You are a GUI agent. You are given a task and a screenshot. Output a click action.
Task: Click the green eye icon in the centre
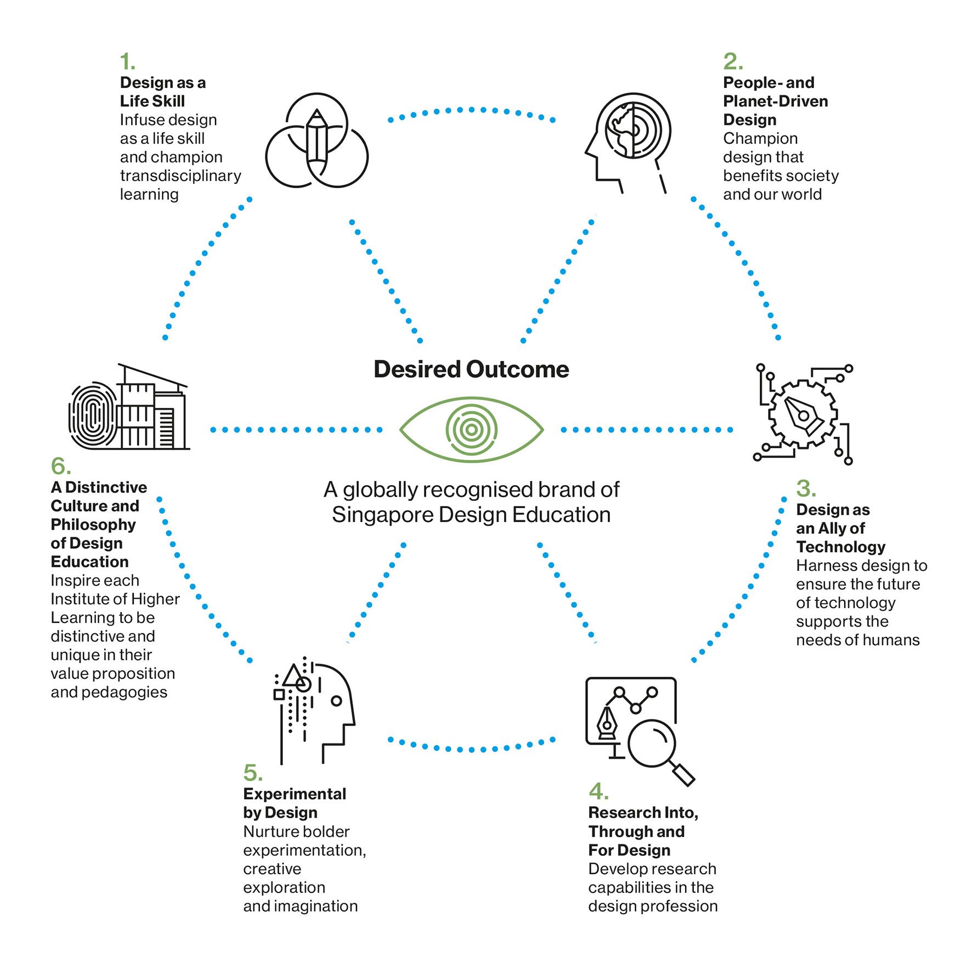(471, 430)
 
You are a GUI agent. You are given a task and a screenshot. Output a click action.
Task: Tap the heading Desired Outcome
(471, 369)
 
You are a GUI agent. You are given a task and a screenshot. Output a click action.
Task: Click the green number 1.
(127, 61)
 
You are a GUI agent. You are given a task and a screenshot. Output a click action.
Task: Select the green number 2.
(733, 61)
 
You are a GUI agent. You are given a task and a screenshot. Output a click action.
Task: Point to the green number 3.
(806, 488)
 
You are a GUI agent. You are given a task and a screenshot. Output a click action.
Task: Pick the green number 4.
(598, 791)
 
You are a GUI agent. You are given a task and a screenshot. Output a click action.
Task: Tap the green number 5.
(253, 773)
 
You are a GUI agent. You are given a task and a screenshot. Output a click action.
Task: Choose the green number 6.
(61, 466)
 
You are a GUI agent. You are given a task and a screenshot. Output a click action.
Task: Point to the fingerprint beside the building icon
(93, 415)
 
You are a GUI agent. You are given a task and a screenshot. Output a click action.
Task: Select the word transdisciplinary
(180, 176)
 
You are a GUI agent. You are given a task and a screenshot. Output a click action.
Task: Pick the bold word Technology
(841, 547)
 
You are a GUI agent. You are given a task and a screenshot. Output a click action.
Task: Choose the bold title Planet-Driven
(776, 101)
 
